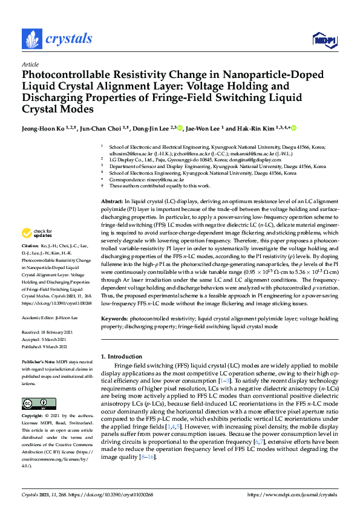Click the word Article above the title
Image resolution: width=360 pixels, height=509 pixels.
point(30,63)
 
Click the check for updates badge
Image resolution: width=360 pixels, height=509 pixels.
point(38,233)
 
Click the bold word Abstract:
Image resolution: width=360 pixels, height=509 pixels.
point(111,200)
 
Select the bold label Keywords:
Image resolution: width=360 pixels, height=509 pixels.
point(115,318)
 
